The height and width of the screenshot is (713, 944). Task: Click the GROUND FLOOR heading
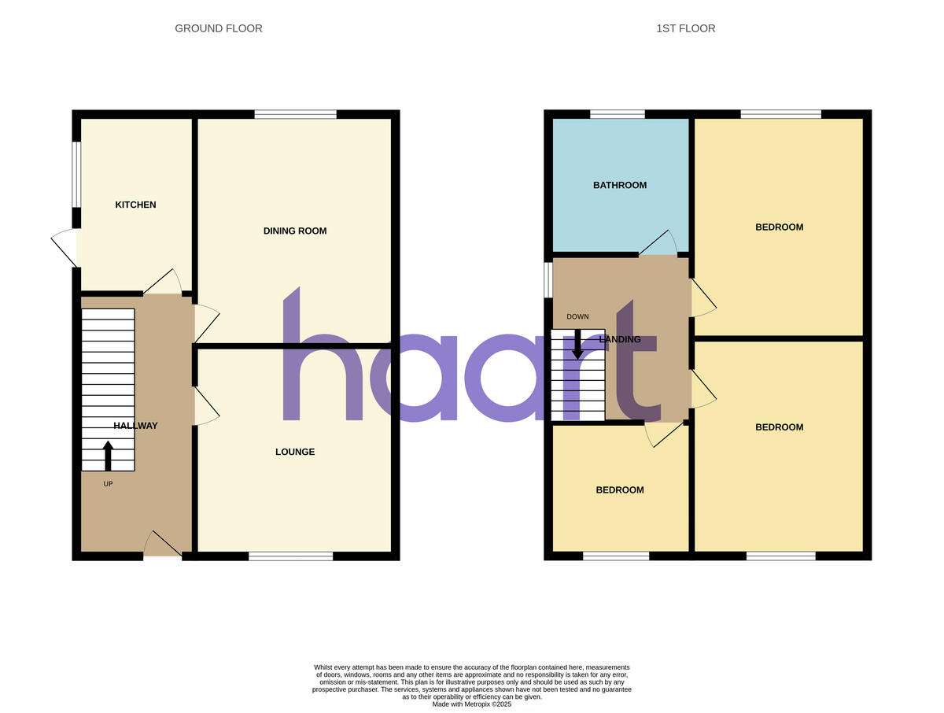pyautogui.click(x=218, y=28)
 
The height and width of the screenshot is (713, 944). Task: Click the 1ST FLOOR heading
pyautogui.click(x=685, y=28)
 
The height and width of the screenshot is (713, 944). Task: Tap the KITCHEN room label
pyautogui.click(x=135, y=205)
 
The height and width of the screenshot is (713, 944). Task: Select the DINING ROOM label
pyautogui.click(x=294, y=231)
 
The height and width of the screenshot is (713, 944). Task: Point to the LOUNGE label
pyautogui.click(x=294, y=452)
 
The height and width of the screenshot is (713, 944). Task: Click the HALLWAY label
pyautogui.click(x=135, y=426)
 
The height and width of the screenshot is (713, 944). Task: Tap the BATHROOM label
pyautogui.click(x=619, y=186)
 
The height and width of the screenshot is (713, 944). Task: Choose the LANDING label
pyautogui.click(x=619, y=340)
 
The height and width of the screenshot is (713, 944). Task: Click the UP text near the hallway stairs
pyautogui.click(x=108, y=484)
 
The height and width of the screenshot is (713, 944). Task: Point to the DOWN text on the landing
pyautogui.click(x=577, y=317)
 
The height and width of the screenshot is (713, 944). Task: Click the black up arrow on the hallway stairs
pyautogui.click(x=108, y=455)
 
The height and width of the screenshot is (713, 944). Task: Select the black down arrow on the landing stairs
pyautogui.click(x=577, y=344)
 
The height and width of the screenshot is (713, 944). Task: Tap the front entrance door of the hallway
pyautogui.click(x=163, y=545)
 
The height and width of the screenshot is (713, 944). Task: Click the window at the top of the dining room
pyautogui.click(x=295, y=115)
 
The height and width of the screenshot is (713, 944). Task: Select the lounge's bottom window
pyautogui.click(x=290, y=556)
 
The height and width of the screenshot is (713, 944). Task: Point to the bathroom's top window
pyautogui.click(x=618, y=115)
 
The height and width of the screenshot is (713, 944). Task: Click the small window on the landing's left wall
pyautogui.click(x=548, y=280)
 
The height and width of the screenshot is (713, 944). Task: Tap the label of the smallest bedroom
pyautogui.click(x=619, y=490)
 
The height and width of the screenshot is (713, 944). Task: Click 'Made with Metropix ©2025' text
pyautogui.click(x=472, y=704)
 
